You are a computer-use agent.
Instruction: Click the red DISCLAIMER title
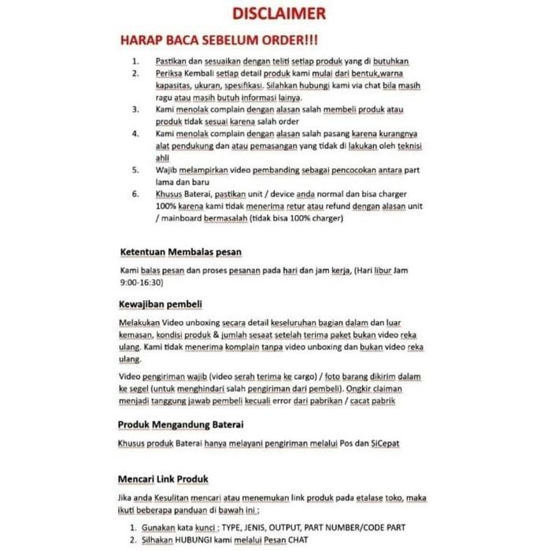tap(279, 14)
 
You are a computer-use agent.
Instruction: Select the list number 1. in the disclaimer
tap(135, 61)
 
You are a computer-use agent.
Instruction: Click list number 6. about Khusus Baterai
tap(135, 194)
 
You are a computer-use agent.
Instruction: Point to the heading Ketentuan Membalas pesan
tap(180, 252)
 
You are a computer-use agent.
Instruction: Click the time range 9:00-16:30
tap(141, 282)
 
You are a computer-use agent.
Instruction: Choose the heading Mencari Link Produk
tap(163, 479)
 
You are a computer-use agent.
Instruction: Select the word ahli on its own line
tap(163, 157)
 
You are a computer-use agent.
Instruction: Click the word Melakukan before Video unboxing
tap(139, 323)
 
